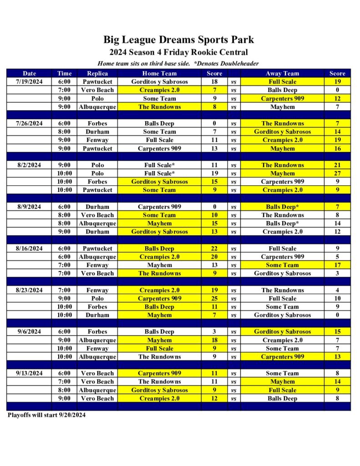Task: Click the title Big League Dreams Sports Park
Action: pos(178,40)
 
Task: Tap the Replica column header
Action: pos(97,73)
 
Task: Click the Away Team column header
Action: pos(282,73)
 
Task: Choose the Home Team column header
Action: pos(159,73)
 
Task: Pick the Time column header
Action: pos(65,73)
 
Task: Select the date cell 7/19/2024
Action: pos(29,81)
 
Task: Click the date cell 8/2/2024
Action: pos(29,165)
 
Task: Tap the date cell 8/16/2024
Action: pos(29,248)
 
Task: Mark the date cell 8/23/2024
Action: pos(29,290)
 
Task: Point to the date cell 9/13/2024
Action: pos(29,373)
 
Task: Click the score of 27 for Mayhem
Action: pos(337,173)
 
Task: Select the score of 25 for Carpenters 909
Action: pos(214,299)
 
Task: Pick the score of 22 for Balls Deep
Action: pos(214,248)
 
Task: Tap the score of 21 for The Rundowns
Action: pos(337,165)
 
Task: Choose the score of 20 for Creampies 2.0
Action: pos(214,257)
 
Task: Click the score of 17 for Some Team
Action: pos(337,265)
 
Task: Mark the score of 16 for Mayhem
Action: pos(337,148)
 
